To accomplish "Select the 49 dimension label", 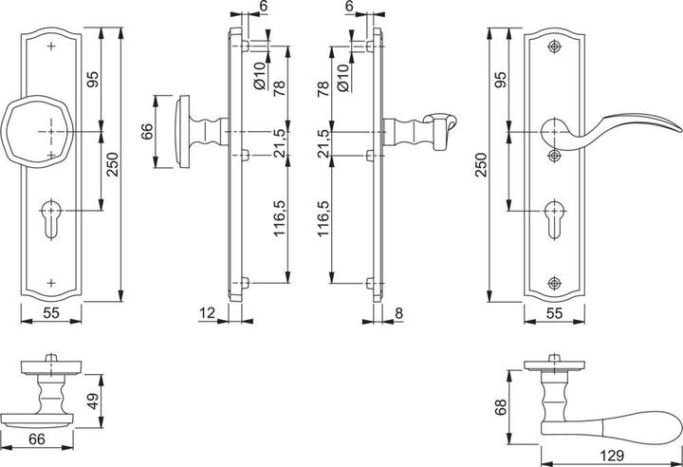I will point(92,401).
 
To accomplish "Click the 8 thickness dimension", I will point(398,311).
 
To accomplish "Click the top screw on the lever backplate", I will point(555,46).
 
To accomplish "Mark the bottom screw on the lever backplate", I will point(555,281).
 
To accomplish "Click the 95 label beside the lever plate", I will point(497,81).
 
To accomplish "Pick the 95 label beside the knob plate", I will point(92,81).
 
